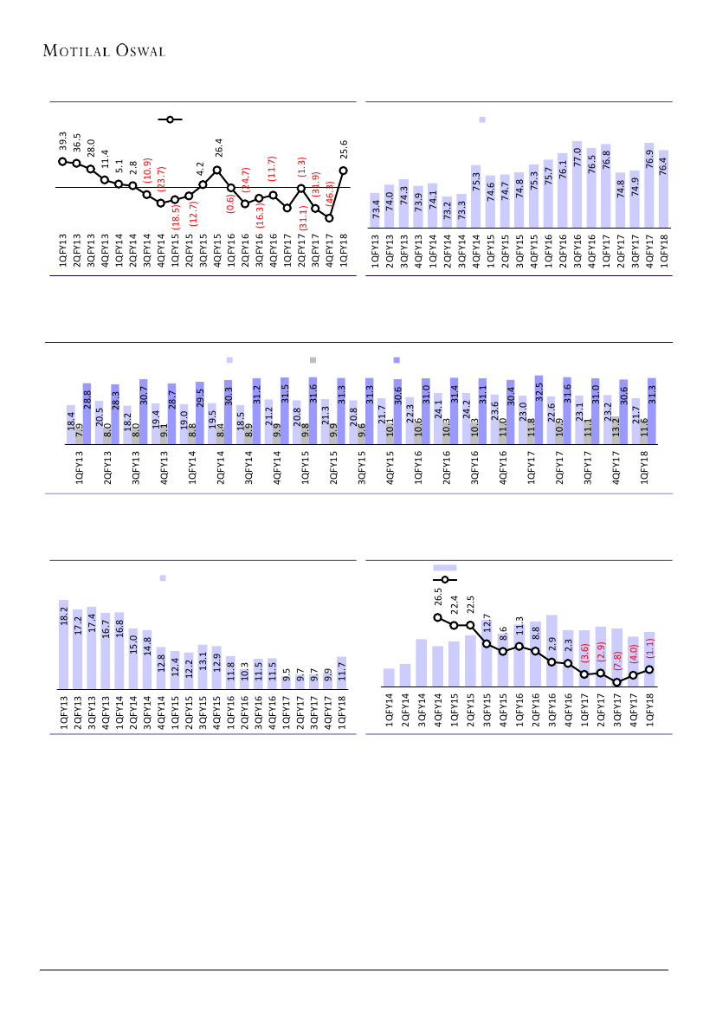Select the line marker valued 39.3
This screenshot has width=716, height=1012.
[62, 161]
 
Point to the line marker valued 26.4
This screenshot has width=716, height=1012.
[216, 171]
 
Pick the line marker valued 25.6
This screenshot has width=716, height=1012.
[344, 171]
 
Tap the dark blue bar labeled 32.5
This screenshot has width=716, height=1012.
[539, 409]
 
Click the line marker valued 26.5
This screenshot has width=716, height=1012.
[437, 617]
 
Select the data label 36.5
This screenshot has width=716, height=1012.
[76, 143]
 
